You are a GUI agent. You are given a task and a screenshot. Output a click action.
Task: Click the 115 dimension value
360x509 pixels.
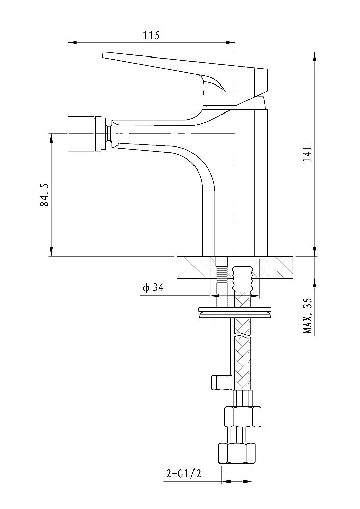(x=152, y=35)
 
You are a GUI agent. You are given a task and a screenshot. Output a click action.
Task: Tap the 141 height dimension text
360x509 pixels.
(x=308, y=154)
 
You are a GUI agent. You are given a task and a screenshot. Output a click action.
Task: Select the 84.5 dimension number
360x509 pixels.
(x=44, y=194)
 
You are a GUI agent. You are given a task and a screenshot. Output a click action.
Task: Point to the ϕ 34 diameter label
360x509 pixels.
(x=153, y=288)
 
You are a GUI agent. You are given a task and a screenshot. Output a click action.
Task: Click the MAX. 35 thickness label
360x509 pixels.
(x=307, y=316)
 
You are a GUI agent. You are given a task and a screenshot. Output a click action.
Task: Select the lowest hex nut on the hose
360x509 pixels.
(x=236, y=453)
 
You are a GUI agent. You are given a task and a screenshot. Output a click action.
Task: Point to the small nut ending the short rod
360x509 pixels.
(x=221, y=382)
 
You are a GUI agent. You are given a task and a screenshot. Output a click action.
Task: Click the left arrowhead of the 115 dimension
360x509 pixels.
(x=72, y=42)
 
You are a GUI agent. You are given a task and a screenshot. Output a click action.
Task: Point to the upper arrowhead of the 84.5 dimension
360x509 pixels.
(x=51, y=139)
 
